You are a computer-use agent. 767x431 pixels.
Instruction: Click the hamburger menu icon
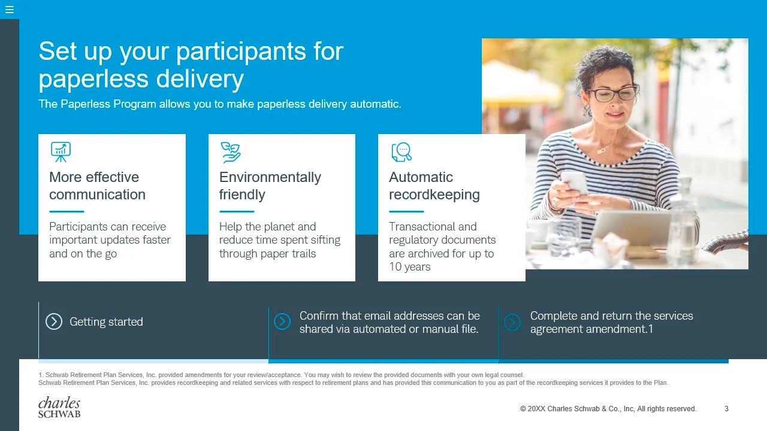[10, 10]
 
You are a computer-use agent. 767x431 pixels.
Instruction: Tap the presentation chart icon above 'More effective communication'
[61, 152]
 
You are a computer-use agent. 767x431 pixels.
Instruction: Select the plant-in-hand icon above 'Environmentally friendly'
[231, 152]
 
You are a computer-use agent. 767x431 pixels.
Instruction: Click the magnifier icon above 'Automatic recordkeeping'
[401, 152]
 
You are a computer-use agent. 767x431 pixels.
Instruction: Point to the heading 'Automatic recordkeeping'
[434, 186]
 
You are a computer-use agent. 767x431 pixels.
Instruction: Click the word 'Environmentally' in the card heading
[270, 177]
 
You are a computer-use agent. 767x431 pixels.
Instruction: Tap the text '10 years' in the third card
[409, 267]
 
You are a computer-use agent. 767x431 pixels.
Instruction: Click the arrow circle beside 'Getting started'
[54, 321]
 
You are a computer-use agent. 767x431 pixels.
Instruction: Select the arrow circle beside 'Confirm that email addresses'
[282, 321]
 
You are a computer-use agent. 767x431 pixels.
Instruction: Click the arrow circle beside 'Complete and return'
[512, 322]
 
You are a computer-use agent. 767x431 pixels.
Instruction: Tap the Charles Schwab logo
[59, 407]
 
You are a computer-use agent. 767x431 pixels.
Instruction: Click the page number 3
[726, 409]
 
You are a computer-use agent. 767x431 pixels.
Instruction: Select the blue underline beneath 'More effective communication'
[67, 211]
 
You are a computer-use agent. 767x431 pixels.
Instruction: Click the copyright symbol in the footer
[523, 409]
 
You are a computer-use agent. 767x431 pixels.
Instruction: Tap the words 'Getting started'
[106, 322]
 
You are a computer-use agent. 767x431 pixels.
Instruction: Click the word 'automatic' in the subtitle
[375, 104]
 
